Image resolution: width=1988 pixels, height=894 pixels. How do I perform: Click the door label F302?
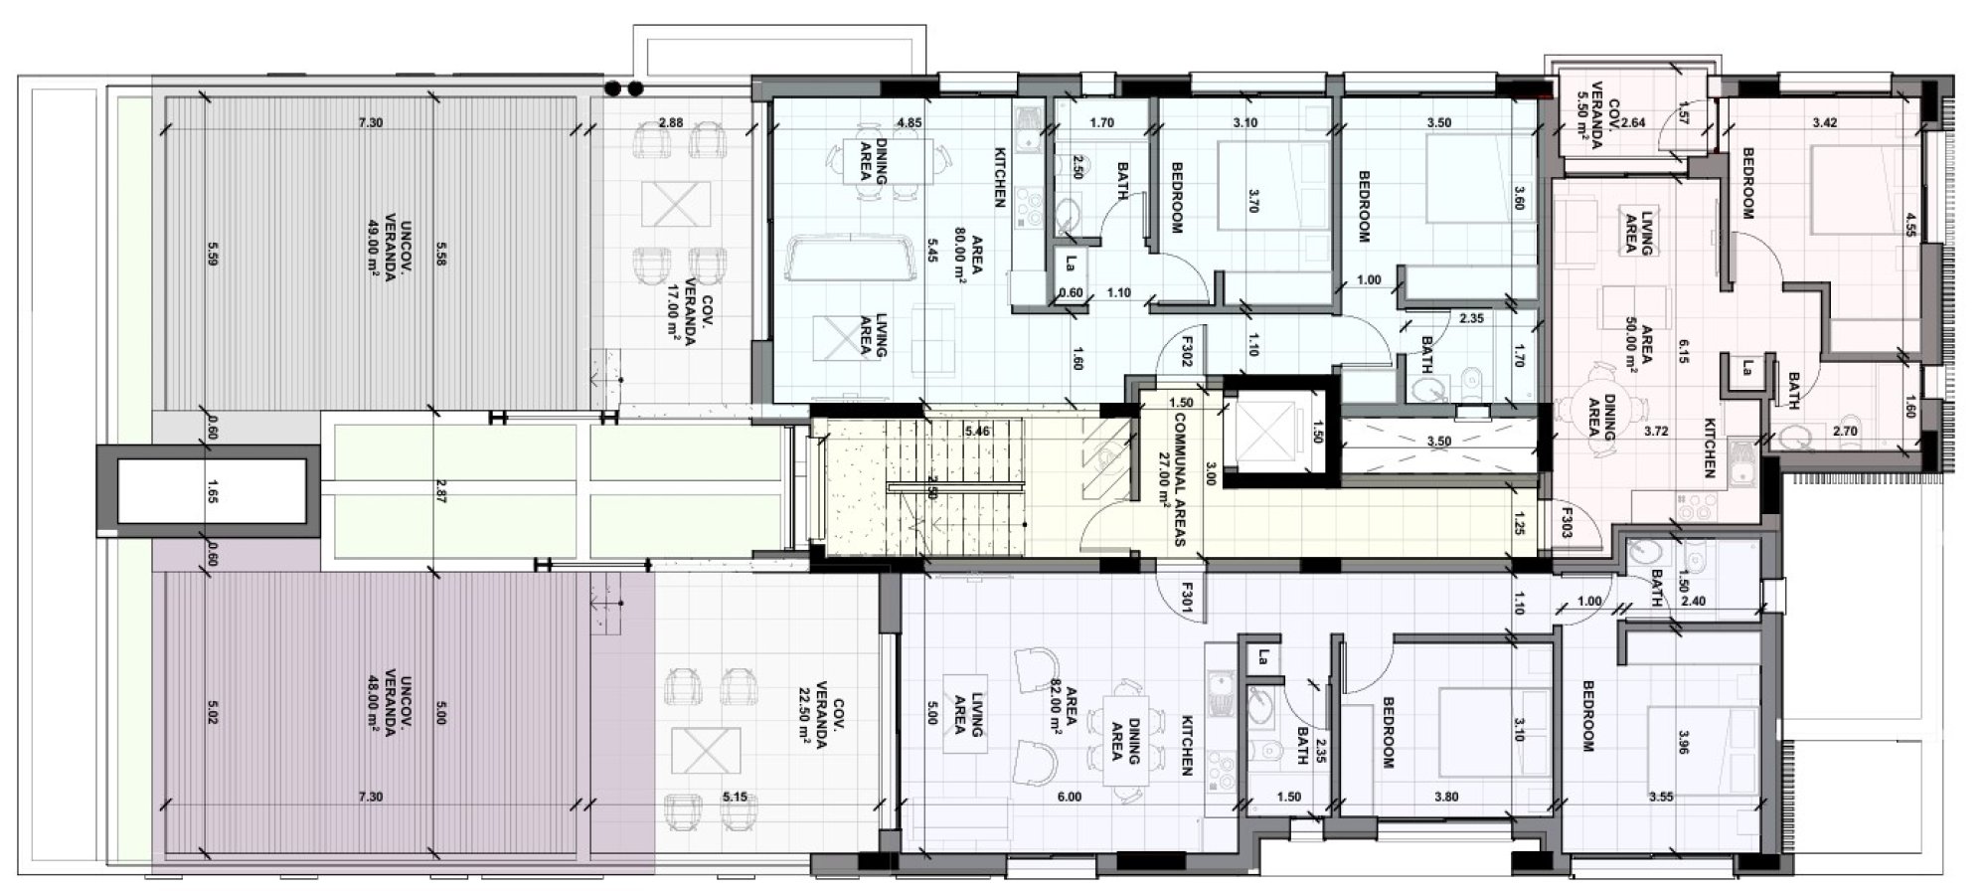pyautogui.click(x=1186, y=352)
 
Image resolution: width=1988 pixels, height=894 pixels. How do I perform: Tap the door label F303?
pyautogui.click(x=1566, y=524)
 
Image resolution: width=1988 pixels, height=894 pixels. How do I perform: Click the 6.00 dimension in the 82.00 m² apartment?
pyautogui.click(x=1070, y=797)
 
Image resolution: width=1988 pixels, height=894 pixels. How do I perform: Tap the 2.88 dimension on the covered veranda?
pyautogui.click(x=671, y=123)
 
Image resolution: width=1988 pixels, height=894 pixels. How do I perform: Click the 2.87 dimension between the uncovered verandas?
pyautogui.click(x=441, y=493)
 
